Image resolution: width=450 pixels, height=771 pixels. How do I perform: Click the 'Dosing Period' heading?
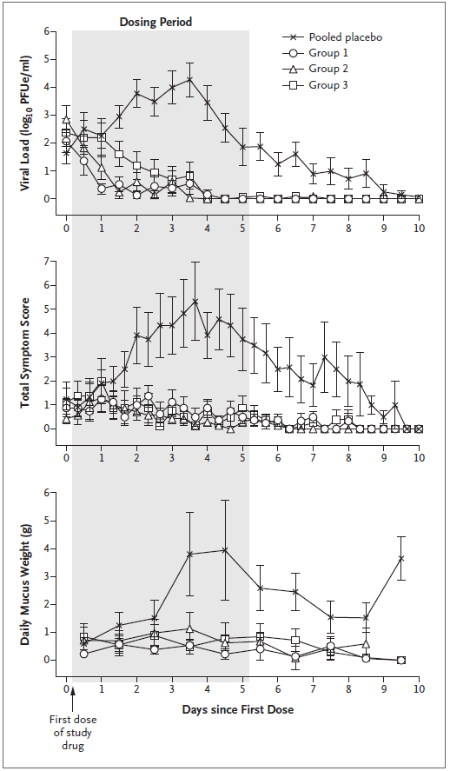click(x=156, y=22)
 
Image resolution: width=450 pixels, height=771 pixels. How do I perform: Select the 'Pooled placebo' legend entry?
click(x=332, y=37)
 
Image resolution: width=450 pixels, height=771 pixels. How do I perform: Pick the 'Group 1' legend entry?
click(x=315, y=53)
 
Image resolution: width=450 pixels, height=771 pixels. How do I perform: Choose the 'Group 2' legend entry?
click(x=315, y=69)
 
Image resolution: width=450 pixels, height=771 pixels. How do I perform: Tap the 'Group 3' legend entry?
click(x=315, y=84)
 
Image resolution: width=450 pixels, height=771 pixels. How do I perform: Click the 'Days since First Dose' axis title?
click(x=238, y=709)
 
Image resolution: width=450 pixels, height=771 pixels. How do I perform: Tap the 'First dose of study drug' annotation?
click(x=73, y=733)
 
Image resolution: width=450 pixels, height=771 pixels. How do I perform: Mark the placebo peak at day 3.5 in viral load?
click(x=189, y=79)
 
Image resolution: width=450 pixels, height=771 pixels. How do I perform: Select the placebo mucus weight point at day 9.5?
click(x=401, y=558)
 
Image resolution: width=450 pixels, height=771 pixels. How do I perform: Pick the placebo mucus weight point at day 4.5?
click(x=225, y=549)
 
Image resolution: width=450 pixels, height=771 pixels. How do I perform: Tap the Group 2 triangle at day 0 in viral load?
click(x=66, y=119)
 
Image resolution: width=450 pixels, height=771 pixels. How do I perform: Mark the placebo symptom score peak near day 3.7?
click(x=195, y=302)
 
